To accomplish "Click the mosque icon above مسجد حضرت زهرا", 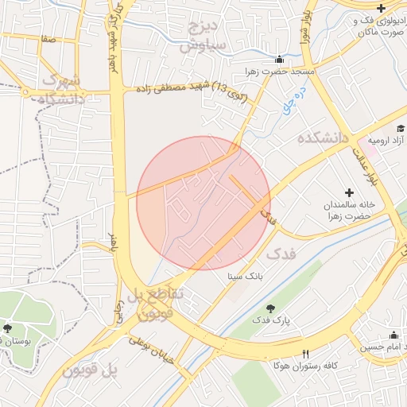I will tap(279, 60).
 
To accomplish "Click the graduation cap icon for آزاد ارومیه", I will tap(401, 128).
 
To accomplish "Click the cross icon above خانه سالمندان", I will tap(348, 192).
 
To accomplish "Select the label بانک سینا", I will tap(244, 277).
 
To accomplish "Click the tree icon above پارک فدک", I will tap(271, 308).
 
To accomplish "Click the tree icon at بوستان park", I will tap(7, 328).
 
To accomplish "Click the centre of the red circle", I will tap(203, 203).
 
